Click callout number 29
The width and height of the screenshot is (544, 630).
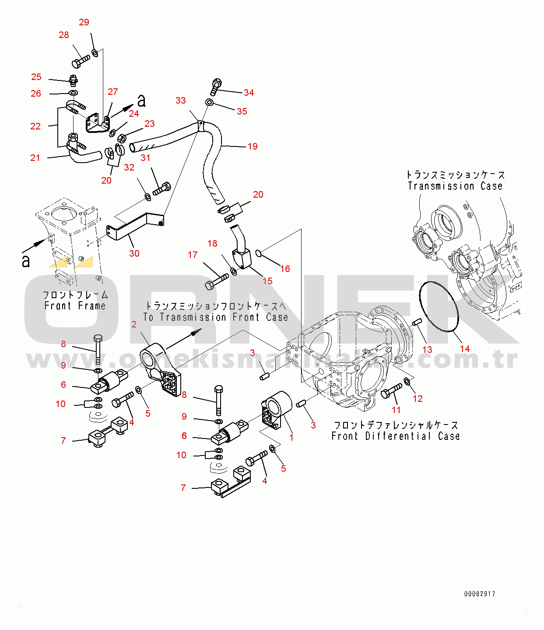coord(84,22)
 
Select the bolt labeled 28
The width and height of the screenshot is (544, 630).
coord(80,62)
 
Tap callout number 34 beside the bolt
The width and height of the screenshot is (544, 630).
coord(249,93)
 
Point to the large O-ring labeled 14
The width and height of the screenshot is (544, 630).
coord(439,307)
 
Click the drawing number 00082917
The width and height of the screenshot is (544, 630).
coord(480,594)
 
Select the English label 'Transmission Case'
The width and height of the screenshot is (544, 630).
coord(455,186)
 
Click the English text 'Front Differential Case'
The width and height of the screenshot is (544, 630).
coord(395,436)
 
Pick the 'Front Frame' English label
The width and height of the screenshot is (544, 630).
coord(75,306)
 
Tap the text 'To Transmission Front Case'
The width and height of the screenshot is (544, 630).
coord(215,317)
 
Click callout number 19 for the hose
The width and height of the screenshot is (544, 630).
coord(253,146)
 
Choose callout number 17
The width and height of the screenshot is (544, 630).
coord(193,255)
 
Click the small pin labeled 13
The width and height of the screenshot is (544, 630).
coord(417,322)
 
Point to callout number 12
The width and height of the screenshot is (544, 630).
coord(418,399)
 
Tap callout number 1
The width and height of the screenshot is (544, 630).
coord(291,438)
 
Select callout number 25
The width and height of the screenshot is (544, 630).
coord(36,77)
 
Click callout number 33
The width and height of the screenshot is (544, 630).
coord(181,101)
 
